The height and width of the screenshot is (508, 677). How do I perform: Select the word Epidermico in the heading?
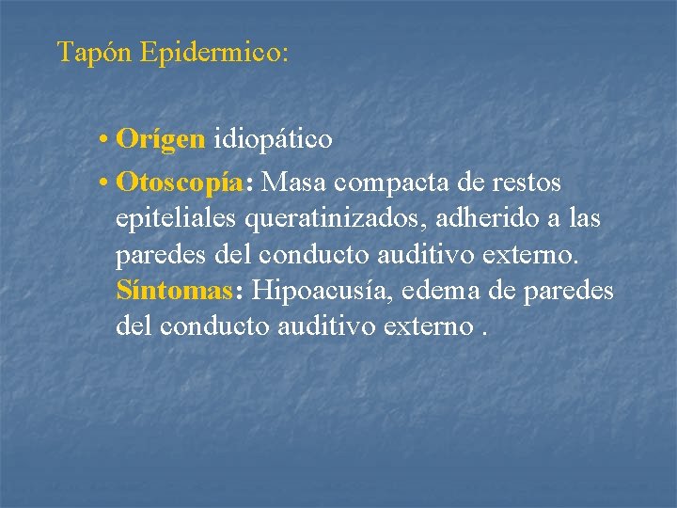coord(208,52)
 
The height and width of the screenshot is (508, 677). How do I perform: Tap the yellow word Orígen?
coord(161,140)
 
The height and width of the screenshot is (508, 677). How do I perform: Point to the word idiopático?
coord(273,140)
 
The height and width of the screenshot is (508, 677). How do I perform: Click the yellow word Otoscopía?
coord(179,181)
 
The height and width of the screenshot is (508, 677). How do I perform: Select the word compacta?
coord(390,181)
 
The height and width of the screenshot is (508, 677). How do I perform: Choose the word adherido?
coord(495,218)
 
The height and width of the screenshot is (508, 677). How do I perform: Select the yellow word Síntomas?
coord(174,291)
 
